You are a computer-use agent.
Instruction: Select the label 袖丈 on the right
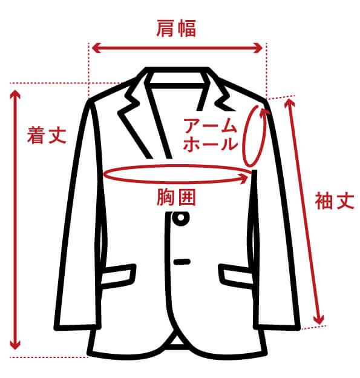pos(334,201)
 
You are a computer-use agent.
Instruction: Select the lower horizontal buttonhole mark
pos(182,262)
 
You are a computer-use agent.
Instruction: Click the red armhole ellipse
pos(255,136)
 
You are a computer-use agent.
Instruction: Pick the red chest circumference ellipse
pos(177,174)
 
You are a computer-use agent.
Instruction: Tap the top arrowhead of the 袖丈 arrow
pos(287,103)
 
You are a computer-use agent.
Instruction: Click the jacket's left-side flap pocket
pos(117,274)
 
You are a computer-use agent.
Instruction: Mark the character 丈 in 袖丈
pos(344,201)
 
